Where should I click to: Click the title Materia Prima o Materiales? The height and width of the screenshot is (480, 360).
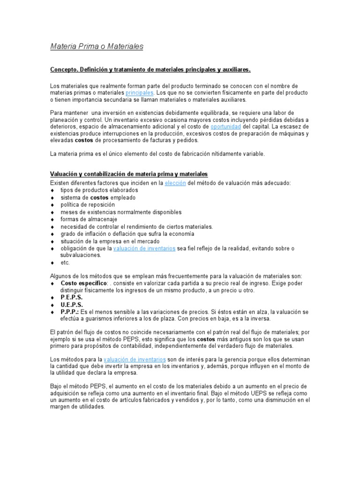coord(97,47)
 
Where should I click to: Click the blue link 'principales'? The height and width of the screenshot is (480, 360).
coord(140,93)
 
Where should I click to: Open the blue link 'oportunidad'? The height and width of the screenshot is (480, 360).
coord(226,127)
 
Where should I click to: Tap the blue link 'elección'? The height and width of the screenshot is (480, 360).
coord(175,183)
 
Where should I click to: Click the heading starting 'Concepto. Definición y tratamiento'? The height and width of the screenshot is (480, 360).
coord(150,70)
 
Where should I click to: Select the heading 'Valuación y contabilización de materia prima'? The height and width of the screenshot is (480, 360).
coord(129,174)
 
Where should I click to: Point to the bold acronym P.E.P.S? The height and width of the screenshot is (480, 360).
coord(72,298)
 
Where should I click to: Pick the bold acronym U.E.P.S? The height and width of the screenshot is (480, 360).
coord(72,305)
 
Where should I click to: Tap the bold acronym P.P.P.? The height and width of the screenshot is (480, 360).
coord(70,312)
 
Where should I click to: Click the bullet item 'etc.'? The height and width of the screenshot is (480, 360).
coord(65,262)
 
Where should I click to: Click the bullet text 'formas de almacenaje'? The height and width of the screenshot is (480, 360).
coord(89,219)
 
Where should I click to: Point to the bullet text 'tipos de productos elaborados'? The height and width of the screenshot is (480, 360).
coord(99,190)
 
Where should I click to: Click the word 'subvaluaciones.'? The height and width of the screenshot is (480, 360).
coord(81,255)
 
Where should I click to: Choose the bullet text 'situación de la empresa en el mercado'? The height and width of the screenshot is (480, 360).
coord(111,241)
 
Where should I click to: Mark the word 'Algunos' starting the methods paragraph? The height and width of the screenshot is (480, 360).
coord(60,276)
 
